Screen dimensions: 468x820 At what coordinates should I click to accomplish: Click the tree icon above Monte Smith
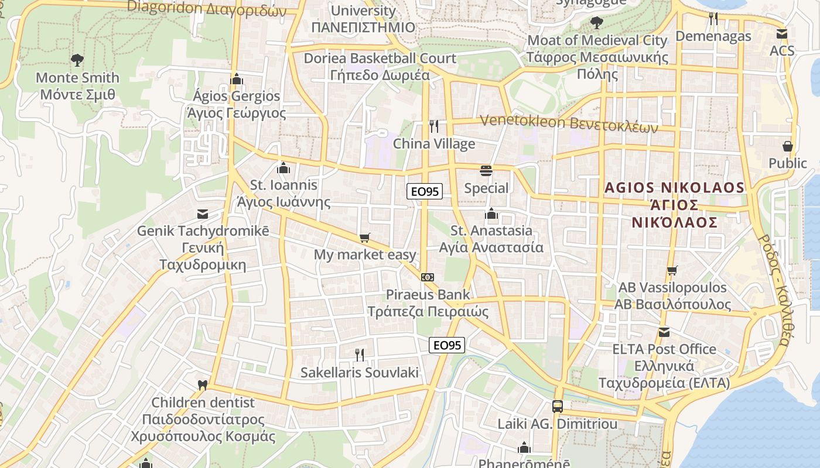click(77, 60)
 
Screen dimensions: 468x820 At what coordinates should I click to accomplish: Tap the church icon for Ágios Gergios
click(237, 78)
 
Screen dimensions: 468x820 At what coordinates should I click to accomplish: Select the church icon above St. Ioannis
click(283, 168)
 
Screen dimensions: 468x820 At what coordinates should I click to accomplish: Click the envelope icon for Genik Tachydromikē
click(203, 214)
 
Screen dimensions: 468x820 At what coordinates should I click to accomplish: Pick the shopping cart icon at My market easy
click(365, 238)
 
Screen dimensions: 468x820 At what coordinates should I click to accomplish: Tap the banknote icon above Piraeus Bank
click(428, 277)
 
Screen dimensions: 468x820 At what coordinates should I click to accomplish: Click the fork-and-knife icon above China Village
click(434, 126)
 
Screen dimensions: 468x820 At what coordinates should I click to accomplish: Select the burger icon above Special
click(486, 171)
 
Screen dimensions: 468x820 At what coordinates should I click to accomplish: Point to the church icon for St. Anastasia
click(491, 214)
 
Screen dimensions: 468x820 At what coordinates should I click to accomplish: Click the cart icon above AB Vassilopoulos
click(672, 270)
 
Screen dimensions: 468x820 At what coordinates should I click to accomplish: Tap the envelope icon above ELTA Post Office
click(664, 332)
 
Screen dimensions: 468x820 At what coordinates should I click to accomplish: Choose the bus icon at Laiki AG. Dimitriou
click(558, 406)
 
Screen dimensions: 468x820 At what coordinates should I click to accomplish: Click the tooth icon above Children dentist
click(203, 385)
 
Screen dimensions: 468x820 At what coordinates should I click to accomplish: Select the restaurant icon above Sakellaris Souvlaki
click(360, 355)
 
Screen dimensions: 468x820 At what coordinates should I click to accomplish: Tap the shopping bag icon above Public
click(788, 146)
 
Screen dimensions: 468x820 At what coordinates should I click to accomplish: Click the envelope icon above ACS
click(781, 33)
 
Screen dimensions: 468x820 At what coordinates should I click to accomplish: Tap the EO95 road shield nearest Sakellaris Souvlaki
click(447, 345)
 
